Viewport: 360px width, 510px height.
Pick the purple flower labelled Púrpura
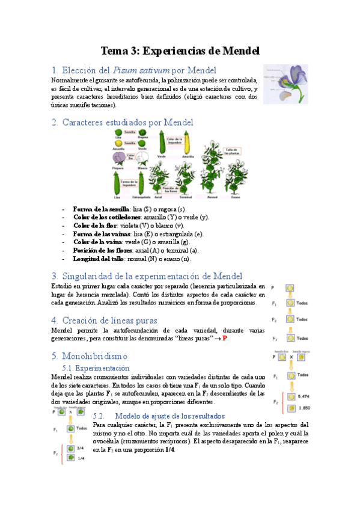coord(118,158)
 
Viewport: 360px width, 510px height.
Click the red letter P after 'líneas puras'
coord(225,339)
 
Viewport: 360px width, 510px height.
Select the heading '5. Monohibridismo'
coord(93,356)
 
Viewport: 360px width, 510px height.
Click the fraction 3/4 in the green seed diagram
coord(80,448)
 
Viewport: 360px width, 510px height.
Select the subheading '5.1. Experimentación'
coord(96,367)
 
